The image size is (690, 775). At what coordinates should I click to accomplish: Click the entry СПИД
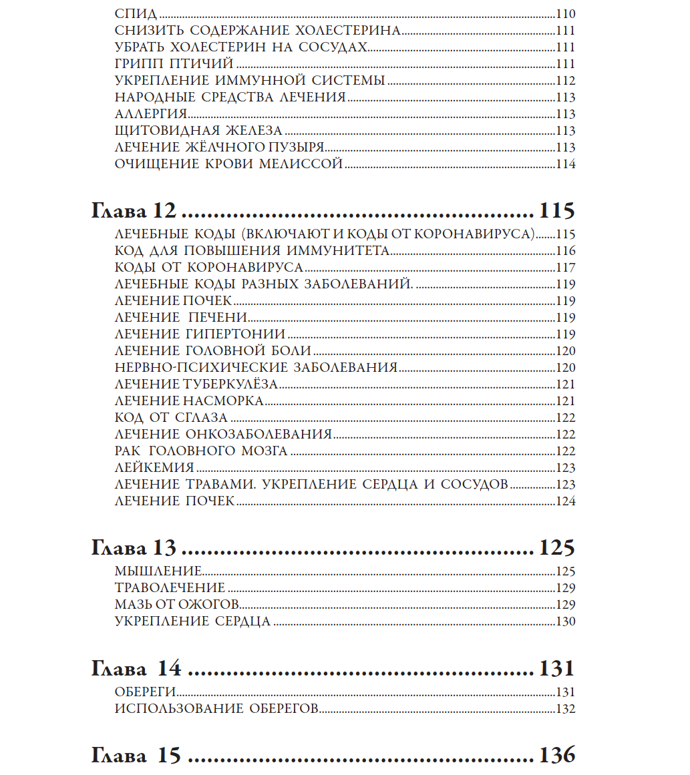pos(136,15)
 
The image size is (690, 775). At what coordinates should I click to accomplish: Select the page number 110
pos(565,15)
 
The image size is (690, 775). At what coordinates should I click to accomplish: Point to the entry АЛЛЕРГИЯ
pos(150,114)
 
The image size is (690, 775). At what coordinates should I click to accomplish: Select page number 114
pos(565,164)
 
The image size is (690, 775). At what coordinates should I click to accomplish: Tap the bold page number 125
pos(556,549)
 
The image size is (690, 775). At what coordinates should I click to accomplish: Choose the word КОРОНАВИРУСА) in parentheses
pos(476,235)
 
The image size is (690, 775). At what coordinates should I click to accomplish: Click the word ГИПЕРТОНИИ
pos(242,334)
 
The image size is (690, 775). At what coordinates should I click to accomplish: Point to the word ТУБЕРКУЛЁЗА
pos(230,384)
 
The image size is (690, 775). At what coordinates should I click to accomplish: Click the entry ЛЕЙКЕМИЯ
pos(154,468)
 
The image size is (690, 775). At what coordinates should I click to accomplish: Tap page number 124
pos(565,501)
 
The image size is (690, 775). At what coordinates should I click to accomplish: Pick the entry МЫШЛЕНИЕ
pos(158,571)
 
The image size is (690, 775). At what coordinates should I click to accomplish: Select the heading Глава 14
pos(136,668)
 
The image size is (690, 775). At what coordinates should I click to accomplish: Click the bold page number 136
pos(556,755)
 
